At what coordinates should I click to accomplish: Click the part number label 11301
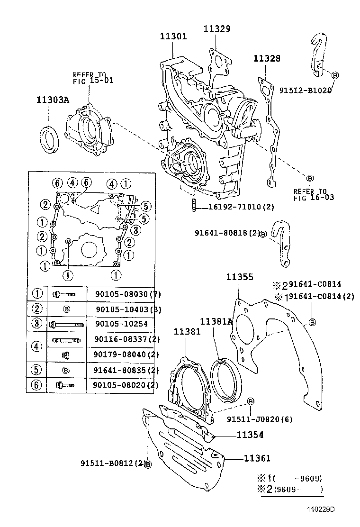pyautogui.click(x=173, y=36)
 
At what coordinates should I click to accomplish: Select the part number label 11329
pyautogui.click(x=217, y=29)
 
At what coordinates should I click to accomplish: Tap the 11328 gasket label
pyautogui.click(x=267, y=59)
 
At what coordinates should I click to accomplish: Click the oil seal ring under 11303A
pyautogui.click(x=49, y=140)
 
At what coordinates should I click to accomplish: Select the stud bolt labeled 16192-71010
pyautogui.click(x=194, y=207)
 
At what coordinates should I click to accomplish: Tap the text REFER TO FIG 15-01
pyautogui.click(x=93, y=77)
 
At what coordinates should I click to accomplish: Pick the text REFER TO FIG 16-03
pyautogui.click(x=314, y=194)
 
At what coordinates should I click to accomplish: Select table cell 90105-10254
pyautogui.click(x=121, y=325)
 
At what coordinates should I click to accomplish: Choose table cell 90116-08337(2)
pyautogui.click(x=126, y=339)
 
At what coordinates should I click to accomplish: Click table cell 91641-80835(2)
pyautogui.click(x=126, y=370)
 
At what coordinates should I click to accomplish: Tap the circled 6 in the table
pyautogui.click(x=36, y=385)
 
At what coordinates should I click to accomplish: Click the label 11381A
pyautogui.click(x=216, y=322)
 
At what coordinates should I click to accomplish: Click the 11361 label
pyautogui.click(x=257, y=458)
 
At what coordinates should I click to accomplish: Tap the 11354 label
pyautogui.click(x=250, y=435)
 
